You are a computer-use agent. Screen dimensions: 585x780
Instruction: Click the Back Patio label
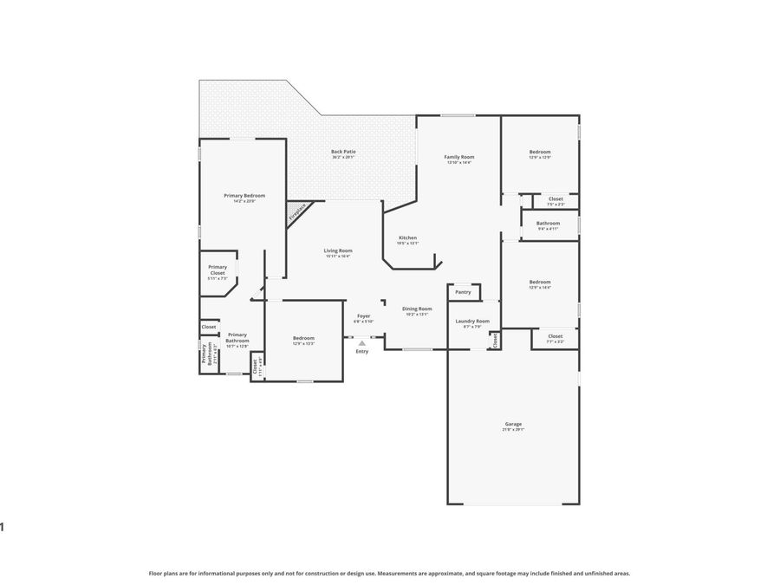click(343, 152)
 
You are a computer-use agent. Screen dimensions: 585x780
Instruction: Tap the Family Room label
click(459, 157)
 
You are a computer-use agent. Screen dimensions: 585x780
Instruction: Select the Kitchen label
click(407, 237)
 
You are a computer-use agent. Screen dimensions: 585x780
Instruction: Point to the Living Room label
click(338, 250)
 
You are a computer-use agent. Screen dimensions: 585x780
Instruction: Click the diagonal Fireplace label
click(296, 211)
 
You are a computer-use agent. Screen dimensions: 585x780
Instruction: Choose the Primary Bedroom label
click(244, 196)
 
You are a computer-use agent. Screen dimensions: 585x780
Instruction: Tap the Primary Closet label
click(218, 270)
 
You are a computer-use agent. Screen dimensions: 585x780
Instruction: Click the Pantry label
click(464, 292)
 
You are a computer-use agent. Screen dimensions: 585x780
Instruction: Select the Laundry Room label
click(472, 321)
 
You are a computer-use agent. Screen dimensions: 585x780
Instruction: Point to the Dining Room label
click(418, 309)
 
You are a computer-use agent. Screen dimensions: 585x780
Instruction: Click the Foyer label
click(364, 316)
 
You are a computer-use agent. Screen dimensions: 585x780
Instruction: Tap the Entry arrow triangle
click(362, 343)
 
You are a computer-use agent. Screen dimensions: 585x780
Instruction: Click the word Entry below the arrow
click(362, 351)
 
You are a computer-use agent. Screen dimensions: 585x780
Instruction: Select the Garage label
click(513, 424)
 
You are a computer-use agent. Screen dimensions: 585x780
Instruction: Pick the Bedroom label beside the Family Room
click(540, 153)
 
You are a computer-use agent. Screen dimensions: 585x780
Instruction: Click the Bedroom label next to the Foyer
click(303, 338)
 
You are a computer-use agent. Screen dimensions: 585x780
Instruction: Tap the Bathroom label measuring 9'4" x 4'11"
click(548, 224)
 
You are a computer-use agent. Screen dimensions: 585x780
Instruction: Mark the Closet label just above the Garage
click(556, 336)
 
